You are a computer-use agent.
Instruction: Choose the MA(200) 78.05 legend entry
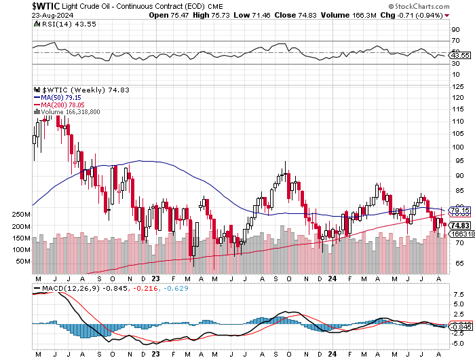pyautogui.click(x=63, y=105)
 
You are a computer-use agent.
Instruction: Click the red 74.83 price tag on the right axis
pyautogui.click(x=459, y=226)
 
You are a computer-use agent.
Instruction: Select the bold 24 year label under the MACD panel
pyautogui.click(x=331, y=354)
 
